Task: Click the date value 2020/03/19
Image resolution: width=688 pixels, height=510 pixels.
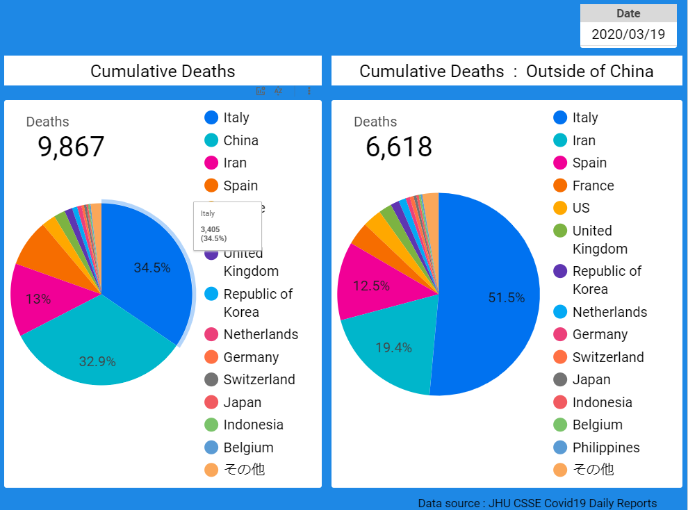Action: [628, 34]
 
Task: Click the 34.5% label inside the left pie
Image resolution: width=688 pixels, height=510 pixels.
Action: [151, 268]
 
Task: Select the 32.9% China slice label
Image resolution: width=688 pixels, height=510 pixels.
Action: [97, 361]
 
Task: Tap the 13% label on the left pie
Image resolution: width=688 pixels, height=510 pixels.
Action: [38, 299]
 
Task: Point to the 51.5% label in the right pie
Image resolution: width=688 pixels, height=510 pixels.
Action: [506, 297]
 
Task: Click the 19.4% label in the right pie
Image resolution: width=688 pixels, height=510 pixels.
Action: [393, 347]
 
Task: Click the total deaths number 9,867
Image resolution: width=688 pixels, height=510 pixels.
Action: [71, 147]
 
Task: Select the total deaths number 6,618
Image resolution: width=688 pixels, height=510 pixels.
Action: [399, 147]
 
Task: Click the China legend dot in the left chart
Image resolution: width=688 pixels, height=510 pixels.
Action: [212, 140]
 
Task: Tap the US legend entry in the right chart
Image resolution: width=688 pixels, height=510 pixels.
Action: [580, 208]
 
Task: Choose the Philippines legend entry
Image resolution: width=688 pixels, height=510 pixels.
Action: [605, 447]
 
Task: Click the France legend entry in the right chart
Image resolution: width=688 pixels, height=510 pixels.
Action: [593, 186]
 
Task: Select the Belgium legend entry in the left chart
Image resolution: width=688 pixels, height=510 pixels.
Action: [248, 447]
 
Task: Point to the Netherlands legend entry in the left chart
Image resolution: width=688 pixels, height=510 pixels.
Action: [261, 334]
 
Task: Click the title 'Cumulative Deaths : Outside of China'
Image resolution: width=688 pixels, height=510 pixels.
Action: [506, 71]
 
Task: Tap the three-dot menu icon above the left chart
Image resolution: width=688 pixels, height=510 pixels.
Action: [309, 91]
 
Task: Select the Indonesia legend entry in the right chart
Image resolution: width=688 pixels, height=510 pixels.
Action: [602, 402]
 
